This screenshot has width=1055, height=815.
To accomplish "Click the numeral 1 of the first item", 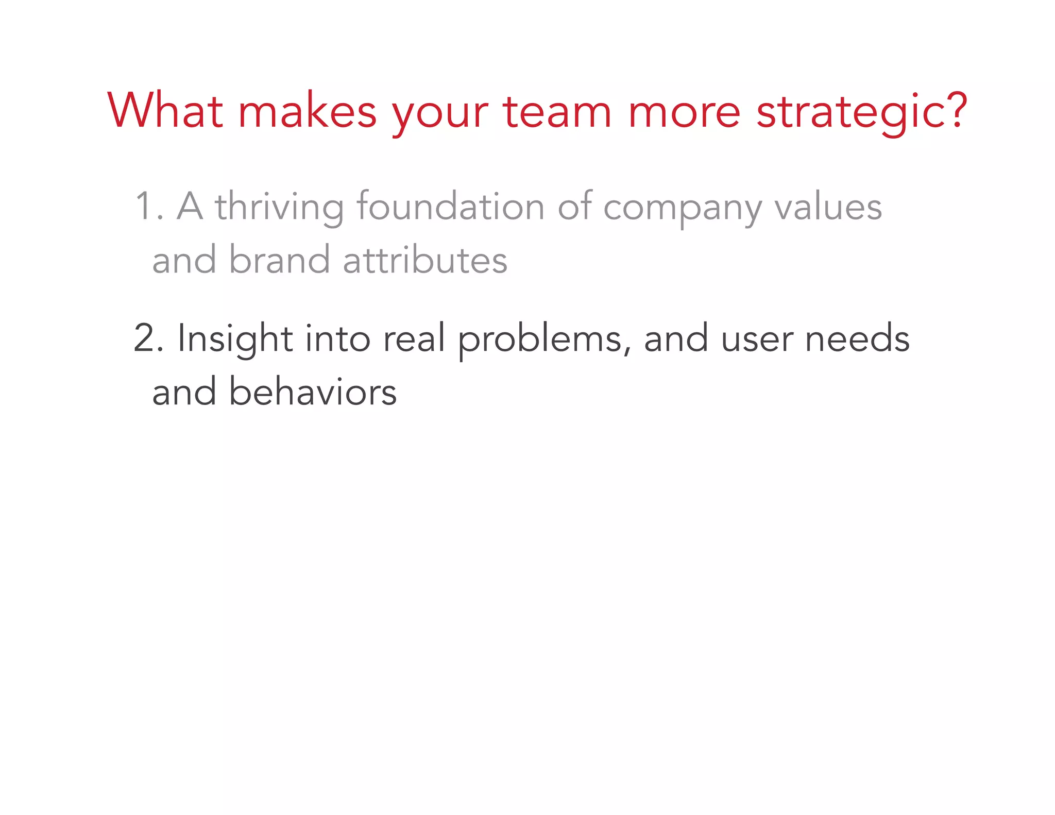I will click(143, 207).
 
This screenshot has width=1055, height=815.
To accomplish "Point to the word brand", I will click(279, 260).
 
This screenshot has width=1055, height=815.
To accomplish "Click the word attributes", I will click(425, 260).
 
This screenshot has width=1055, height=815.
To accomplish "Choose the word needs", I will click(857, 338).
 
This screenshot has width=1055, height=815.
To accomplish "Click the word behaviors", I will click(312, 392).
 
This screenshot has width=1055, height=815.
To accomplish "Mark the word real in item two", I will click(414, 338).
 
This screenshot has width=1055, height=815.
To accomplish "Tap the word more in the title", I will click(684, 112).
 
